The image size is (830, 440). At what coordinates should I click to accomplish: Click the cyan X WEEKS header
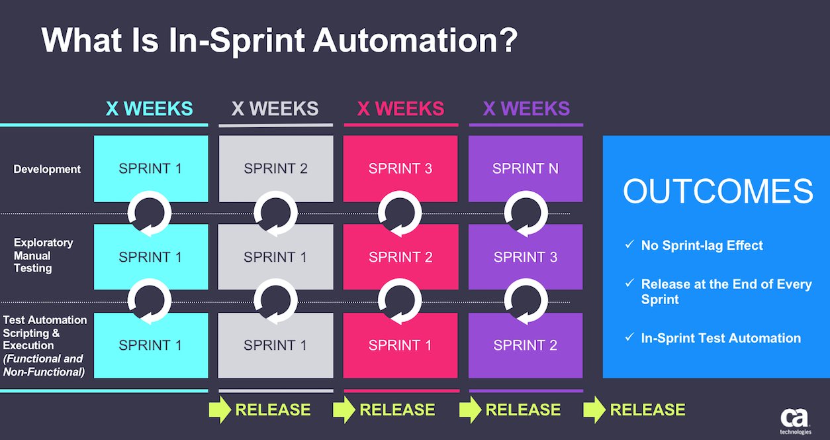click(x=150, y=109)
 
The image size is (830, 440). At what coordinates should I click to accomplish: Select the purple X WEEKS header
click(x=526, y=109)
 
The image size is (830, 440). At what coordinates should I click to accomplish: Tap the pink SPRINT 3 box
click(x=400, y=168)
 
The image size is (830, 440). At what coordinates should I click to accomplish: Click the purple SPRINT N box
click(x=526, y=168)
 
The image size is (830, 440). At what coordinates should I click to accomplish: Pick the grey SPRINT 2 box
click(x=275, y=168)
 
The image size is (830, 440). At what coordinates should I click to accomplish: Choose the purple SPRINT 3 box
click(x=526, y=257)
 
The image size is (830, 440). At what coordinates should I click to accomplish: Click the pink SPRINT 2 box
click(x=400, y=257)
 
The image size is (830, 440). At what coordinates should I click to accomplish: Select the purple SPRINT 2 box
click(x=526, y=345)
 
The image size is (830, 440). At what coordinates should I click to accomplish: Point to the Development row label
click(x=47, y=169)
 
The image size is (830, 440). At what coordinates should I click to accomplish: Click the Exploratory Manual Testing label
click(x=43, y=255)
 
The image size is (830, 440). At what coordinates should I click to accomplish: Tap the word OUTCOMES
click(x=717, y=192)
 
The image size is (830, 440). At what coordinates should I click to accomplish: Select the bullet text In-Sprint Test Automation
click(x=721, y=338)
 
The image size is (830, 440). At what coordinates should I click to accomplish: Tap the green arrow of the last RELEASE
click(x=594, y=410)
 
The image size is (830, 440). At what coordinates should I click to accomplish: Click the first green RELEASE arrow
click(x=219, y=410)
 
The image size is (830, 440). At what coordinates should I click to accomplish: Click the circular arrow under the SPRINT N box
click(x=526, y=213)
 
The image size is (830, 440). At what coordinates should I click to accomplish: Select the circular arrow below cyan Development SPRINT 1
click(x=150, y=213)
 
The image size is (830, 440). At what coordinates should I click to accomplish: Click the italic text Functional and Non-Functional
click(x=44, y=365)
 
